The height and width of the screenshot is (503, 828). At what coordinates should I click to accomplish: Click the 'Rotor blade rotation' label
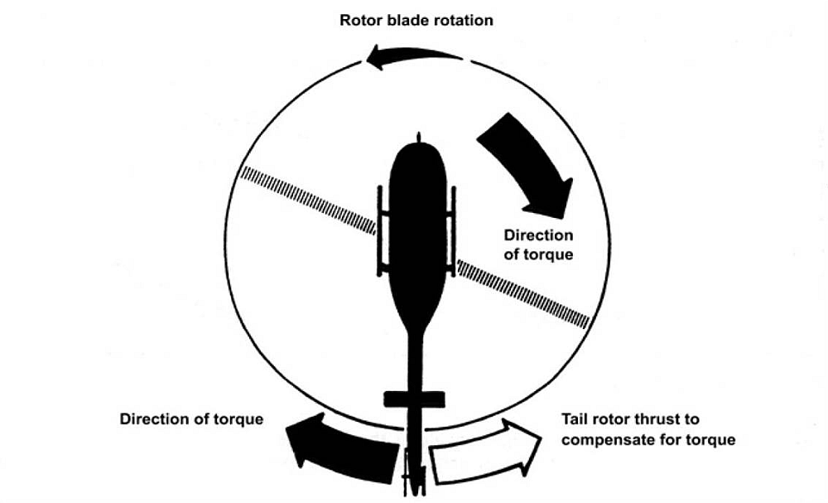pyautogui.click(x=416, y=19)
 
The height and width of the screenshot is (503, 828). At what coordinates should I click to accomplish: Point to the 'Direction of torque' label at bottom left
pyautogui.click(x=191, y=419)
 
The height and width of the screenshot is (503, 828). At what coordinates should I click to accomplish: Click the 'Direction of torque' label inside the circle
pyautogui.click(x=538, y=245)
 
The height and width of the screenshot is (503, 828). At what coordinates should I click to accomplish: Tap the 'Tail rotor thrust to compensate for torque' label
pyautogui.click(x=647, y=429)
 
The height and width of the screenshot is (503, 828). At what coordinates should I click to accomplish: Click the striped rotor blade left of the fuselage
pyautogui.click(x=306, y=200)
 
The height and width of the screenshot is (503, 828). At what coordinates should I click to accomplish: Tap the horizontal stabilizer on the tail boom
pyautogui.click(x=415, y=400)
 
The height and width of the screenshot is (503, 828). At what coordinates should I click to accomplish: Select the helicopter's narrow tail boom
pyautogui.click(x=416, y=365)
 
